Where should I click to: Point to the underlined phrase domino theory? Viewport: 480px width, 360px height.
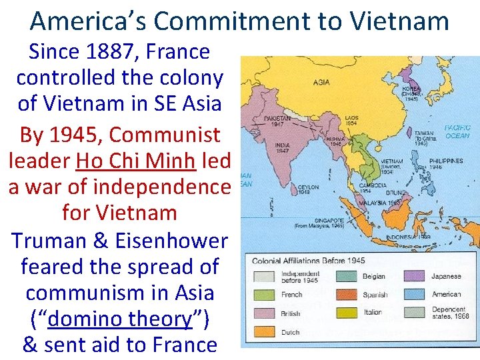pyautogui.click(x=120, y=319)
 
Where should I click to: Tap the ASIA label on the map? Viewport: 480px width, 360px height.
pyautogui.click(x=321, y=83)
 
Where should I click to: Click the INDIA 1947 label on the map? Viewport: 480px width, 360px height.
pyautogui.click(x=281, y=147)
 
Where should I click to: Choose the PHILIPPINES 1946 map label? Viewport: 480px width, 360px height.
pyautogui.click(x=446, y=164)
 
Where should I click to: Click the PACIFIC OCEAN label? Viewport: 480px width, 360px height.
pyautogui.click(x=457, y=131)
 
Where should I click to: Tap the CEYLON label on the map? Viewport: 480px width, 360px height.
pyautogui.click(x=291, y=191)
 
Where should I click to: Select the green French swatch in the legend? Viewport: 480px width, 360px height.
pyautogui.click(x=263, y=294)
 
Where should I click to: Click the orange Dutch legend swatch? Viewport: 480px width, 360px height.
pyautogui.click(x=263, y=331)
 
